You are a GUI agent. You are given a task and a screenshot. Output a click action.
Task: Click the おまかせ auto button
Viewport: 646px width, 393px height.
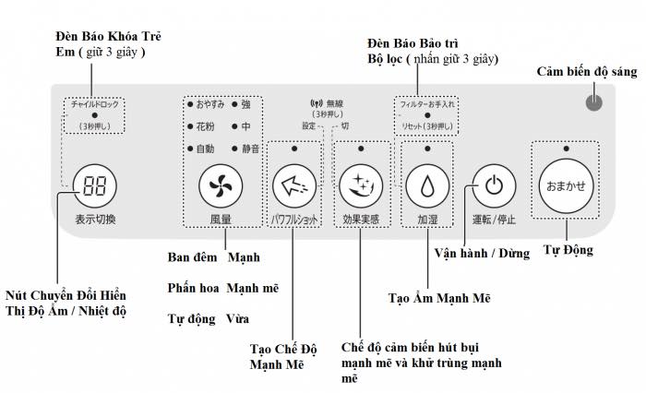pos(565,186)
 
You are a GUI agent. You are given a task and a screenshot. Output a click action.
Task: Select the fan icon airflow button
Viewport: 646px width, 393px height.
pos(221,187)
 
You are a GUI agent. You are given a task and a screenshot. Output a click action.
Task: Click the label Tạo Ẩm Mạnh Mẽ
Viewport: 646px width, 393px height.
pos(438,298)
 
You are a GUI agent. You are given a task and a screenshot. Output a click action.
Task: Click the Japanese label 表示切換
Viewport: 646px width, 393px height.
pos(95,220)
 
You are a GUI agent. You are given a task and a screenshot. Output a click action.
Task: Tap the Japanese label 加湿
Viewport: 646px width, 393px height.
pos(427,220)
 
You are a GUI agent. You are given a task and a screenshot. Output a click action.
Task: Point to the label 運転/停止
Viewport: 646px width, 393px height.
pos(494,220)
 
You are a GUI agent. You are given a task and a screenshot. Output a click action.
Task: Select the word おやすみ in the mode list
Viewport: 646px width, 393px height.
pos(208,104)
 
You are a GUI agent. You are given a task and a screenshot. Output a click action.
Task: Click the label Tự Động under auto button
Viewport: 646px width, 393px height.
pos(568,250)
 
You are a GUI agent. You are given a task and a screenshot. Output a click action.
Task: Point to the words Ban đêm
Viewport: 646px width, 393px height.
pos(190,256)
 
